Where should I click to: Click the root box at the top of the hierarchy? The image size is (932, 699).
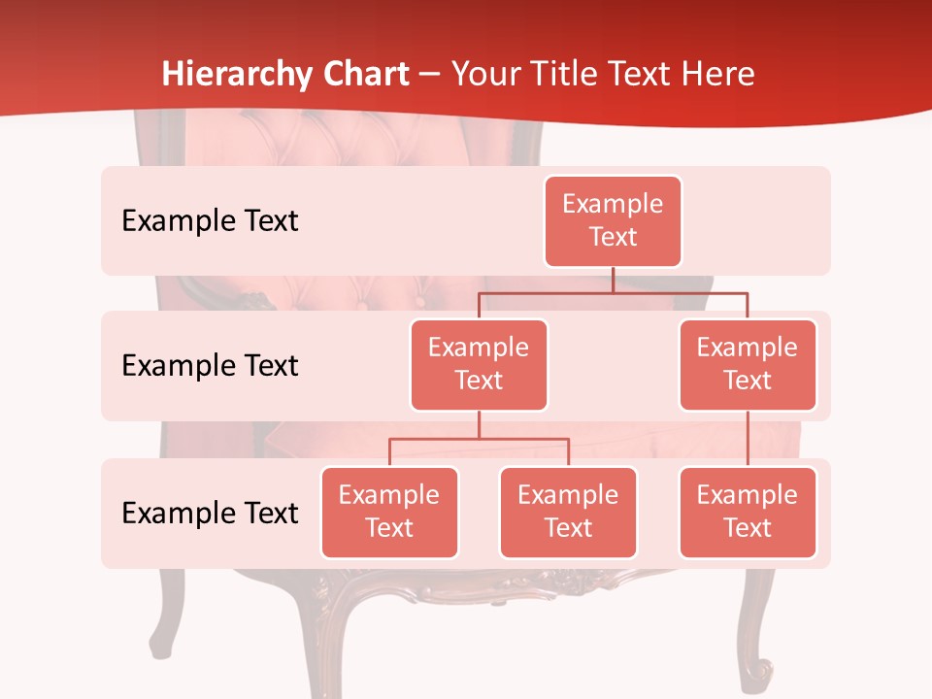[x=613, y=220]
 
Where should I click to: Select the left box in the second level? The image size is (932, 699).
[x=479, y=364]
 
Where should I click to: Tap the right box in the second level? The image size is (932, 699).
[x=748, y=364]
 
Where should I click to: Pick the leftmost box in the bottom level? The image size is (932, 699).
[x=389, y=512]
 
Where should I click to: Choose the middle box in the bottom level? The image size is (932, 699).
[x=568, y=512]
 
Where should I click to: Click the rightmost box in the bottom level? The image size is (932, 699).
[x=748, y=512]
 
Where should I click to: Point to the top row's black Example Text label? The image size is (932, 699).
[x=210, y=221]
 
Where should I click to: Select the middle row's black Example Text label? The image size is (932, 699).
[x=210, y=366]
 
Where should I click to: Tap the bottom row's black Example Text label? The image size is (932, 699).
[x=210, y=513]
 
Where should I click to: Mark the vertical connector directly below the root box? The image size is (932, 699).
[x=613, y=279]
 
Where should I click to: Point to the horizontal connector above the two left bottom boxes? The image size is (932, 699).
[x=479, y=439]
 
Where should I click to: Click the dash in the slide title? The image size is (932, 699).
[x=430, y=76]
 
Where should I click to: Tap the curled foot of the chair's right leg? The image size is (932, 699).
[x=757, y=670]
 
